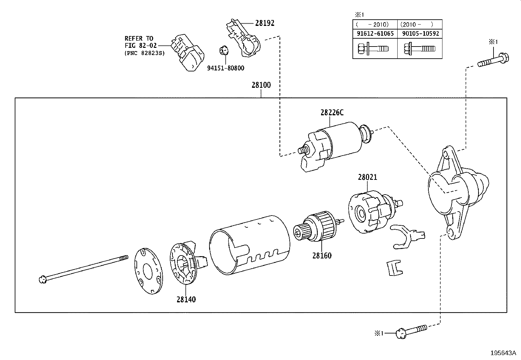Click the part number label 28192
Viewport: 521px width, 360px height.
click(x=264, y=23)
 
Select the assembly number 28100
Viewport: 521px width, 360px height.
click(x=261, y=85)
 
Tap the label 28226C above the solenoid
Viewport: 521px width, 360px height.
click(x=332, y=113)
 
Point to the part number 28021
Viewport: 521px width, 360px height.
click(x=367, y=177)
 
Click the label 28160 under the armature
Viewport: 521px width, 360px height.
click(x=322, y=256)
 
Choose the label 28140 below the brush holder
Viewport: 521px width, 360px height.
click(x=186, y=299)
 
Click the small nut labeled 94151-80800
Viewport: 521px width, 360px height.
click(x=223, y=51)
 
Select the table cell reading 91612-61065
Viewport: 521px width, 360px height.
click(x=375, y=33)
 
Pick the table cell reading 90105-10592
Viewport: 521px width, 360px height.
click(x=420, y=33)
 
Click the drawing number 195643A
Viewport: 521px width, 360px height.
click(x=503, y=353)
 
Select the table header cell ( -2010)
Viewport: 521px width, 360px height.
click(x=375, y=24)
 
